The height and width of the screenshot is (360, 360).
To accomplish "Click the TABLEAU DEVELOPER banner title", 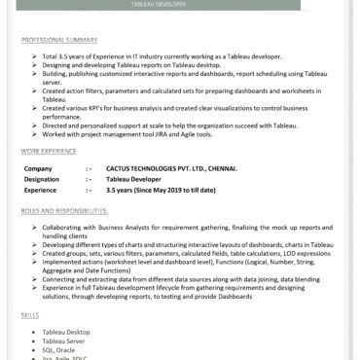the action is click(179, 5).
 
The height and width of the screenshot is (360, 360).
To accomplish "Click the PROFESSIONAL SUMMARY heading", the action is click(59, 41).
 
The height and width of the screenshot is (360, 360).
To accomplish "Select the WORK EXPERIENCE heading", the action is click(49, 153).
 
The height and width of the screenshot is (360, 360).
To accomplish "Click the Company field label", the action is click(38, 168).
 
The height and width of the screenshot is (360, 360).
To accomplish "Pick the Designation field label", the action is click(42, 179).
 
